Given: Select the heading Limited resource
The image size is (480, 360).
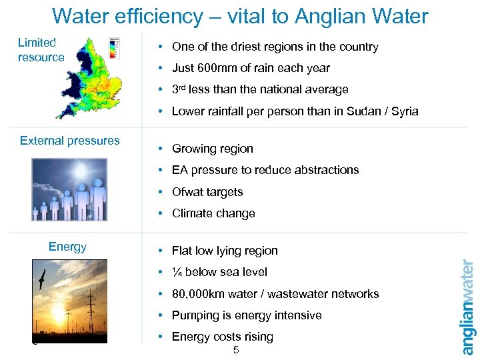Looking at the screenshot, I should (41, 50).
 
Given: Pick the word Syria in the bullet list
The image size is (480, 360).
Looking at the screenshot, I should (404, 111).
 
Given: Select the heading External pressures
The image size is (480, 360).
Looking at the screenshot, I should (70, 141).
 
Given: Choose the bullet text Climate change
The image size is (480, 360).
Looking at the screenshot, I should (213, 213).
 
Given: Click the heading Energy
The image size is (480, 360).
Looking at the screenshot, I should (67, 247).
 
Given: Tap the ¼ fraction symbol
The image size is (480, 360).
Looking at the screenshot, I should (177, 272).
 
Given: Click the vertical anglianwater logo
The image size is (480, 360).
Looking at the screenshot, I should (467, 307).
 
